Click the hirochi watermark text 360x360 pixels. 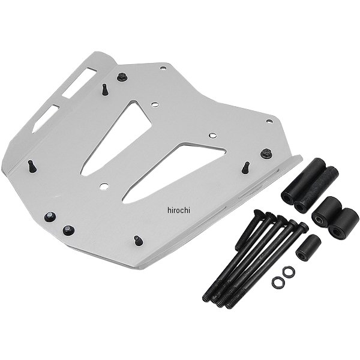pyautogui.click(x=179, y=210)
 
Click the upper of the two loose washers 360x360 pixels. pyautogui.click(x=289, y=271)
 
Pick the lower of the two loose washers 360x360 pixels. pyautogui.click(x=278, y=282)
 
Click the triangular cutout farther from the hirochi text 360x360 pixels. pyautogui.click(x=117, y=138)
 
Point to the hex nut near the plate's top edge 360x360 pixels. pyautogui.click(x=122, y=77)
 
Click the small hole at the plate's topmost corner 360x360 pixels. pyautogui.click(x=163, y=68)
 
